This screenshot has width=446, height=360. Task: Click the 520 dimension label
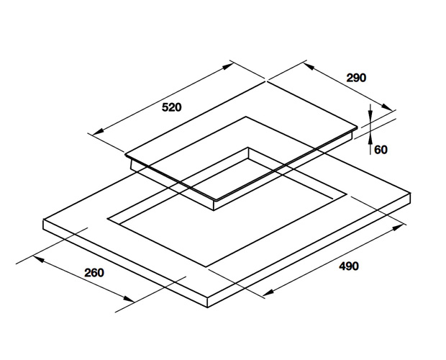click(171, 107)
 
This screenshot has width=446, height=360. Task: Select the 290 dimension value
click(356, 78)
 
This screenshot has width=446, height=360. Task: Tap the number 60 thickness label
click(381, 150)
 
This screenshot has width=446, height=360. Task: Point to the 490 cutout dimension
click(349, 266)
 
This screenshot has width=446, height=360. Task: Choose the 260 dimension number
click(94, 273)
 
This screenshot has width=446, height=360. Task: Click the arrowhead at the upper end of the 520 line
click(228, 66)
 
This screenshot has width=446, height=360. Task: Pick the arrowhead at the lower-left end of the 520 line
click(98, 131)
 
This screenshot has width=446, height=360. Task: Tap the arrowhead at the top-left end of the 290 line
click(309, 66)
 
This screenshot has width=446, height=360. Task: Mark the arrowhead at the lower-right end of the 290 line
click(388, 107)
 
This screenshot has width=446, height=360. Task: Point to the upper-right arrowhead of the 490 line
click(398, 228)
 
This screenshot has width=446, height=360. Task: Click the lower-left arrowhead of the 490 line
click(268, 292)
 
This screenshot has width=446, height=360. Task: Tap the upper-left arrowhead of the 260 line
click(39, 259)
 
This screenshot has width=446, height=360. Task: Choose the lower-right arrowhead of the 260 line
click(128, 298)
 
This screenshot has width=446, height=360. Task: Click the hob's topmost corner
click(266, 81)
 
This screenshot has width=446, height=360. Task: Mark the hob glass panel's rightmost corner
click(358, 127)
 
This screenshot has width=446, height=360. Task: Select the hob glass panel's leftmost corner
click(125, 155)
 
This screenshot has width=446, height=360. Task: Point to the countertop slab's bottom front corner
click(207, 307)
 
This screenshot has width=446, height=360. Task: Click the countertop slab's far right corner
click(410, 193)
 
